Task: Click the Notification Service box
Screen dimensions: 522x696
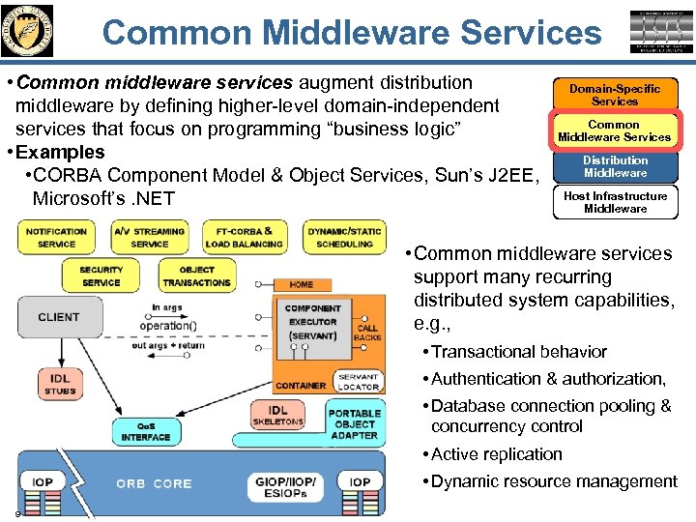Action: [56, 238]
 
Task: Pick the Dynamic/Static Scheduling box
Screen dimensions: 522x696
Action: [344, 238]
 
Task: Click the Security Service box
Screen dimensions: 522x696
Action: [101, 276]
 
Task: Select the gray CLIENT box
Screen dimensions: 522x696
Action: [59, 317]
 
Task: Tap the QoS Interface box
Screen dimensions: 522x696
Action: [146, 432]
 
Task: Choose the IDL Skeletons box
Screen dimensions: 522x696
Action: [278, 416]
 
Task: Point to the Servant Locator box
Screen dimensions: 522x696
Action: [358, 382]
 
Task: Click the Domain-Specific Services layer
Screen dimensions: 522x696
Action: [615, 95]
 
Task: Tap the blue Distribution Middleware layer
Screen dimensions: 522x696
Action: [615, 166]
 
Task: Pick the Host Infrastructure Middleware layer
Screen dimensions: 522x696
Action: [615, 201]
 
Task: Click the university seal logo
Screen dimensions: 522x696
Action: [28, 30]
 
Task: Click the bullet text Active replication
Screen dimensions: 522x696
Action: [496, 454]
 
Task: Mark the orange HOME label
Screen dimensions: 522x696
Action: [301, 284]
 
